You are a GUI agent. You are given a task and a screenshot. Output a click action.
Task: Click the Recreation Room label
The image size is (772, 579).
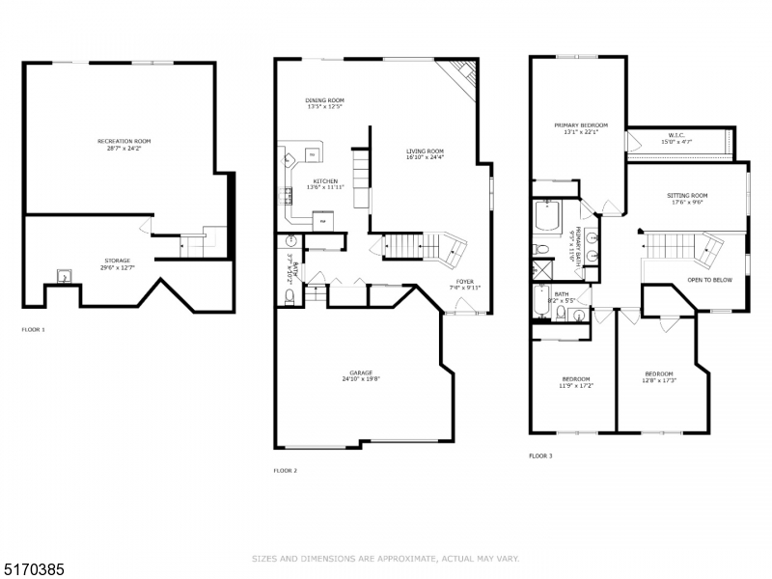[124, 142]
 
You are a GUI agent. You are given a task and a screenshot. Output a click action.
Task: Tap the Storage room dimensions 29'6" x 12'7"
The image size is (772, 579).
[119, 267]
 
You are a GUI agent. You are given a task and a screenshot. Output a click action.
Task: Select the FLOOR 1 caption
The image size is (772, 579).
[33, 329]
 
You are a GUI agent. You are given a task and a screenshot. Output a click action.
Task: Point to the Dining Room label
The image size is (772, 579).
[324, 100]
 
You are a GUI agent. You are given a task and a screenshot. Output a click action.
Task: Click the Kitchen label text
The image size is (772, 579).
[324, 180]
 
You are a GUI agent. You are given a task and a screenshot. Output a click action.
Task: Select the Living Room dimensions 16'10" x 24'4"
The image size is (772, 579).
[424, 157]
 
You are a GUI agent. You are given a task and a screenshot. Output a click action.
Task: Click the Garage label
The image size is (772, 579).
[362, 372]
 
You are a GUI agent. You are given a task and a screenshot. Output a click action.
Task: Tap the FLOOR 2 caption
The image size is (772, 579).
[285, 470]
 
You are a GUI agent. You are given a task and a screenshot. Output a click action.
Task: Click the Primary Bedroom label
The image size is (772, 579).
[581, 125]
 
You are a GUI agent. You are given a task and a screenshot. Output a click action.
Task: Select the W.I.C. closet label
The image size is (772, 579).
[676, 135]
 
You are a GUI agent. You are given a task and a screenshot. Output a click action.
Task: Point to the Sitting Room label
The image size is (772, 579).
[687, 196]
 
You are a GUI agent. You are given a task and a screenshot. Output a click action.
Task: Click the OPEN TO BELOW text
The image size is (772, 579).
[709, 280]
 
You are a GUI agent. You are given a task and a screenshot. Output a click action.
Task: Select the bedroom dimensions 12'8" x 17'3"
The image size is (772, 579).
[659, 379]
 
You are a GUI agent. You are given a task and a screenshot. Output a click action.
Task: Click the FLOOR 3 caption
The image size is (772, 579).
[540, 455]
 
